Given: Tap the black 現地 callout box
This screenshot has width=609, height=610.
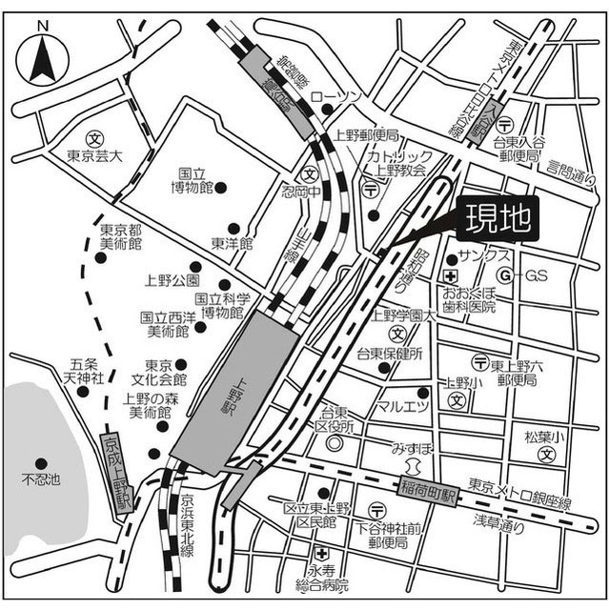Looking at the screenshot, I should click(x=498, y=220).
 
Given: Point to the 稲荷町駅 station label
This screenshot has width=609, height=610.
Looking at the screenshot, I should click(x=431, y=495).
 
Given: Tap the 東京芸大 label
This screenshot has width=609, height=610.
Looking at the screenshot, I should click(x=94, y=155).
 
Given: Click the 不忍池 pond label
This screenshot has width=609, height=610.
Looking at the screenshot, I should click(x=41, y=478).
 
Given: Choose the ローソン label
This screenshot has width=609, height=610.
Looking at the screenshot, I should click(x=338, y=97).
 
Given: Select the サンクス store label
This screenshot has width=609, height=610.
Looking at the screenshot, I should click(x=484, y=258).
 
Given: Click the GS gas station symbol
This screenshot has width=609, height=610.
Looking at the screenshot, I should click(x=507, y=275).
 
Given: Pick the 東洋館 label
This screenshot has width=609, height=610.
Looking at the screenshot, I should click(x=232, y=244).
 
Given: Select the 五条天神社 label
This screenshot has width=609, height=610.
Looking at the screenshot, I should click(x=85, y=372).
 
